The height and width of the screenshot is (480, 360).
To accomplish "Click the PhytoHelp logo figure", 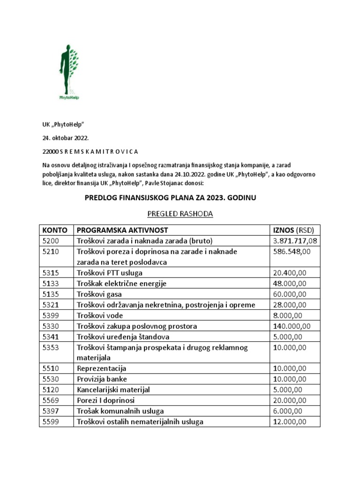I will [x=68, y=73].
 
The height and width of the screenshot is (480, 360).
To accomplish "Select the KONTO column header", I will [x=55, y=230].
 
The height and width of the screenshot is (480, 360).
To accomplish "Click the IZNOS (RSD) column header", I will [x=293, y=230].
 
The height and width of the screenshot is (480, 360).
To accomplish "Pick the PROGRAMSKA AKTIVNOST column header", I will [x=122, y=230].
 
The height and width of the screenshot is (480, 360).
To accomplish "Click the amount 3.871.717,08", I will [x=295, y=241].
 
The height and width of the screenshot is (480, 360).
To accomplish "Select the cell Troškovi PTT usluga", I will [x=110, y=273].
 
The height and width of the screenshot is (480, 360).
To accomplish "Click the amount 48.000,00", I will [x=290, y=284].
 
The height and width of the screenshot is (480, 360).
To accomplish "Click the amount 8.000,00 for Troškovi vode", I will [x=288, y=315].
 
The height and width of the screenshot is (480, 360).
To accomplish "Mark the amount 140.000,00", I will [x=292, y=326].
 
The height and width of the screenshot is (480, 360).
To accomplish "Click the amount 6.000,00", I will [x=288, y=411].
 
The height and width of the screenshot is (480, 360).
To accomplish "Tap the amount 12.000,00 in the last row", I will [x=290, y=421].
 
